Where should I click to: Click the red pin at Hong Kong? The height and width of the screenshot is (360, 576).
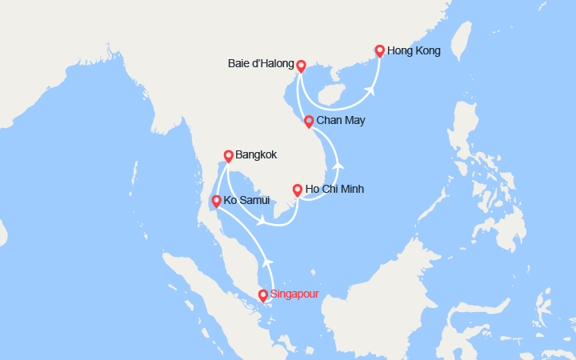(380, 50)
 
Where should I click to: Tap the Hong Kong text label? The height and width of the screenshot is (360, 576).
(414, 51)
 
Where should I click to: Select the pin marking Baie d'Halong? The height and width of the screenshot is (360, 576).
(301, 66)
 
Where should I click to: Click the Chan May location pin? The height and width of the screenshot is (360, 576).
(309, 121)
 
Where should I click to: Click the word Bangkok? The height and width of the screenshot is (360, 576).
(257, 155)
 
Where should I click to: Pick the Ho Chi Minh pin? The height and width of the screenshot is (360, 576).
(298, 190)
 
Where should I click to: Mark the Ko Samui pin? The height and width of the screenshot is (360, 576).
(215, 200)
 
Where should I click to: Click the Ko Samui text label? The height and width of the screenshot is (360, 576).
(247, 200)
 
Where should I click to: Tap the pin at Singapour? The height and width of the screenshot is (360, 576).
(263, 295)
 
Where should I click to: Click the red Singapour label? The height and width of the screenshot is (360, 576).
(295, 294)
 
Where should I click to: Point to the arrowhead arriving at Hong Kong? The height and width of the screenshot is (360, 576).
(372, 90)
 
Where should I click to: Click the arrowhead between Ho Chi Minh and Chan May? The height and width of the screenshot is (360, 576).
(339, 165)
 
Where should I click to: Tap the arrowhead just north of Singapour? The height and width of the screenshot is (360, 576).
(268, 260)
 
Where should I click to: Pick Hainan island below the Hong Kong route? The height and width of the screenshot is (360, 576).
(331, 96)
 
